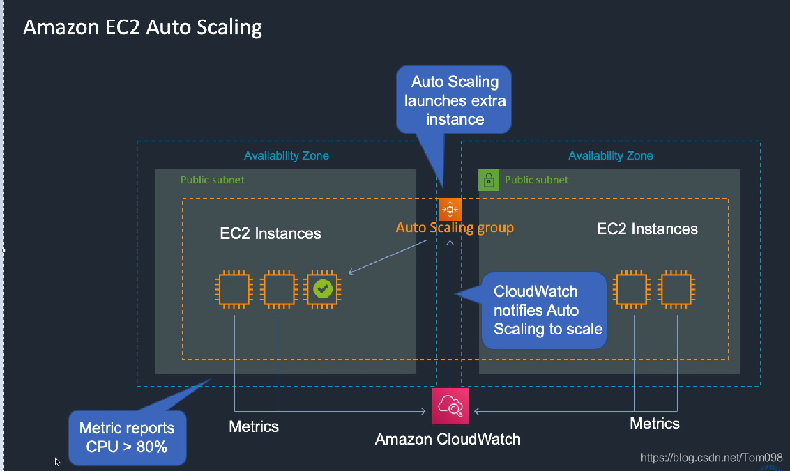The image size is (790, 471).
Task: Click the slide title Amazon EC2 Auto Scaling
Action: click(x=143, y=28)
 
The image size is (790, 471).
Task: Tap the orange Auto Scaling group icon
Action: click(x=450, y=208)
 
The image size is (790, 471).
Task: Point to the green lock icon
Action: click(x=488, y=180)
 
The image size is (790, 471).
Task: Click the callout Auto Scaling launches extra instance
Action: click(x=455, y=100)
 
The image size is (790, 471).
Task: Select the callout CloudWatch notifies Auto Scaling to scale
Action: click(x=545, y=310)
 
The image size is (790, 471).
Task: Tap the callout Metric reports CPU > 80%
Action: click(x=127, y=438)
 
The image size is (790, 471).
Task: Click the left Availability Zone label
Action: click(x=286, y=156)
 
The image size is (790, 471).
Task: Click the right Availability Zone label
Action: click(x=610, y=156)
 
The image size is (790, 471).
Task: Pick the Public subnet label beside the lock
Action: click(x=536, y=180)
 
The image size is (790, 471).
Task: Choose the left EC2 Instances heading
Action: click(x=271, y=233)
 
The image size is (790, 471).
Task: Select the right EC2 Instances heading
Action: click(x=647, y=229)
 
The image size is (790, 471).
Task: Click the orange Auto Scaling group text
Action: click(x=455, y=228)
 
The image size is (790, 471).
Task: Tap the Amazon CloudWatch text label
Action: click(x=448, y=439)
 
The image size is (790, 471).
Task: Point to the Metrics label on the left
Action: click(x=254, y=426)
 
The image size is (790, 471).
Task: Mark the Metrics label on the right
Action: click(x=654, y=423)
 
